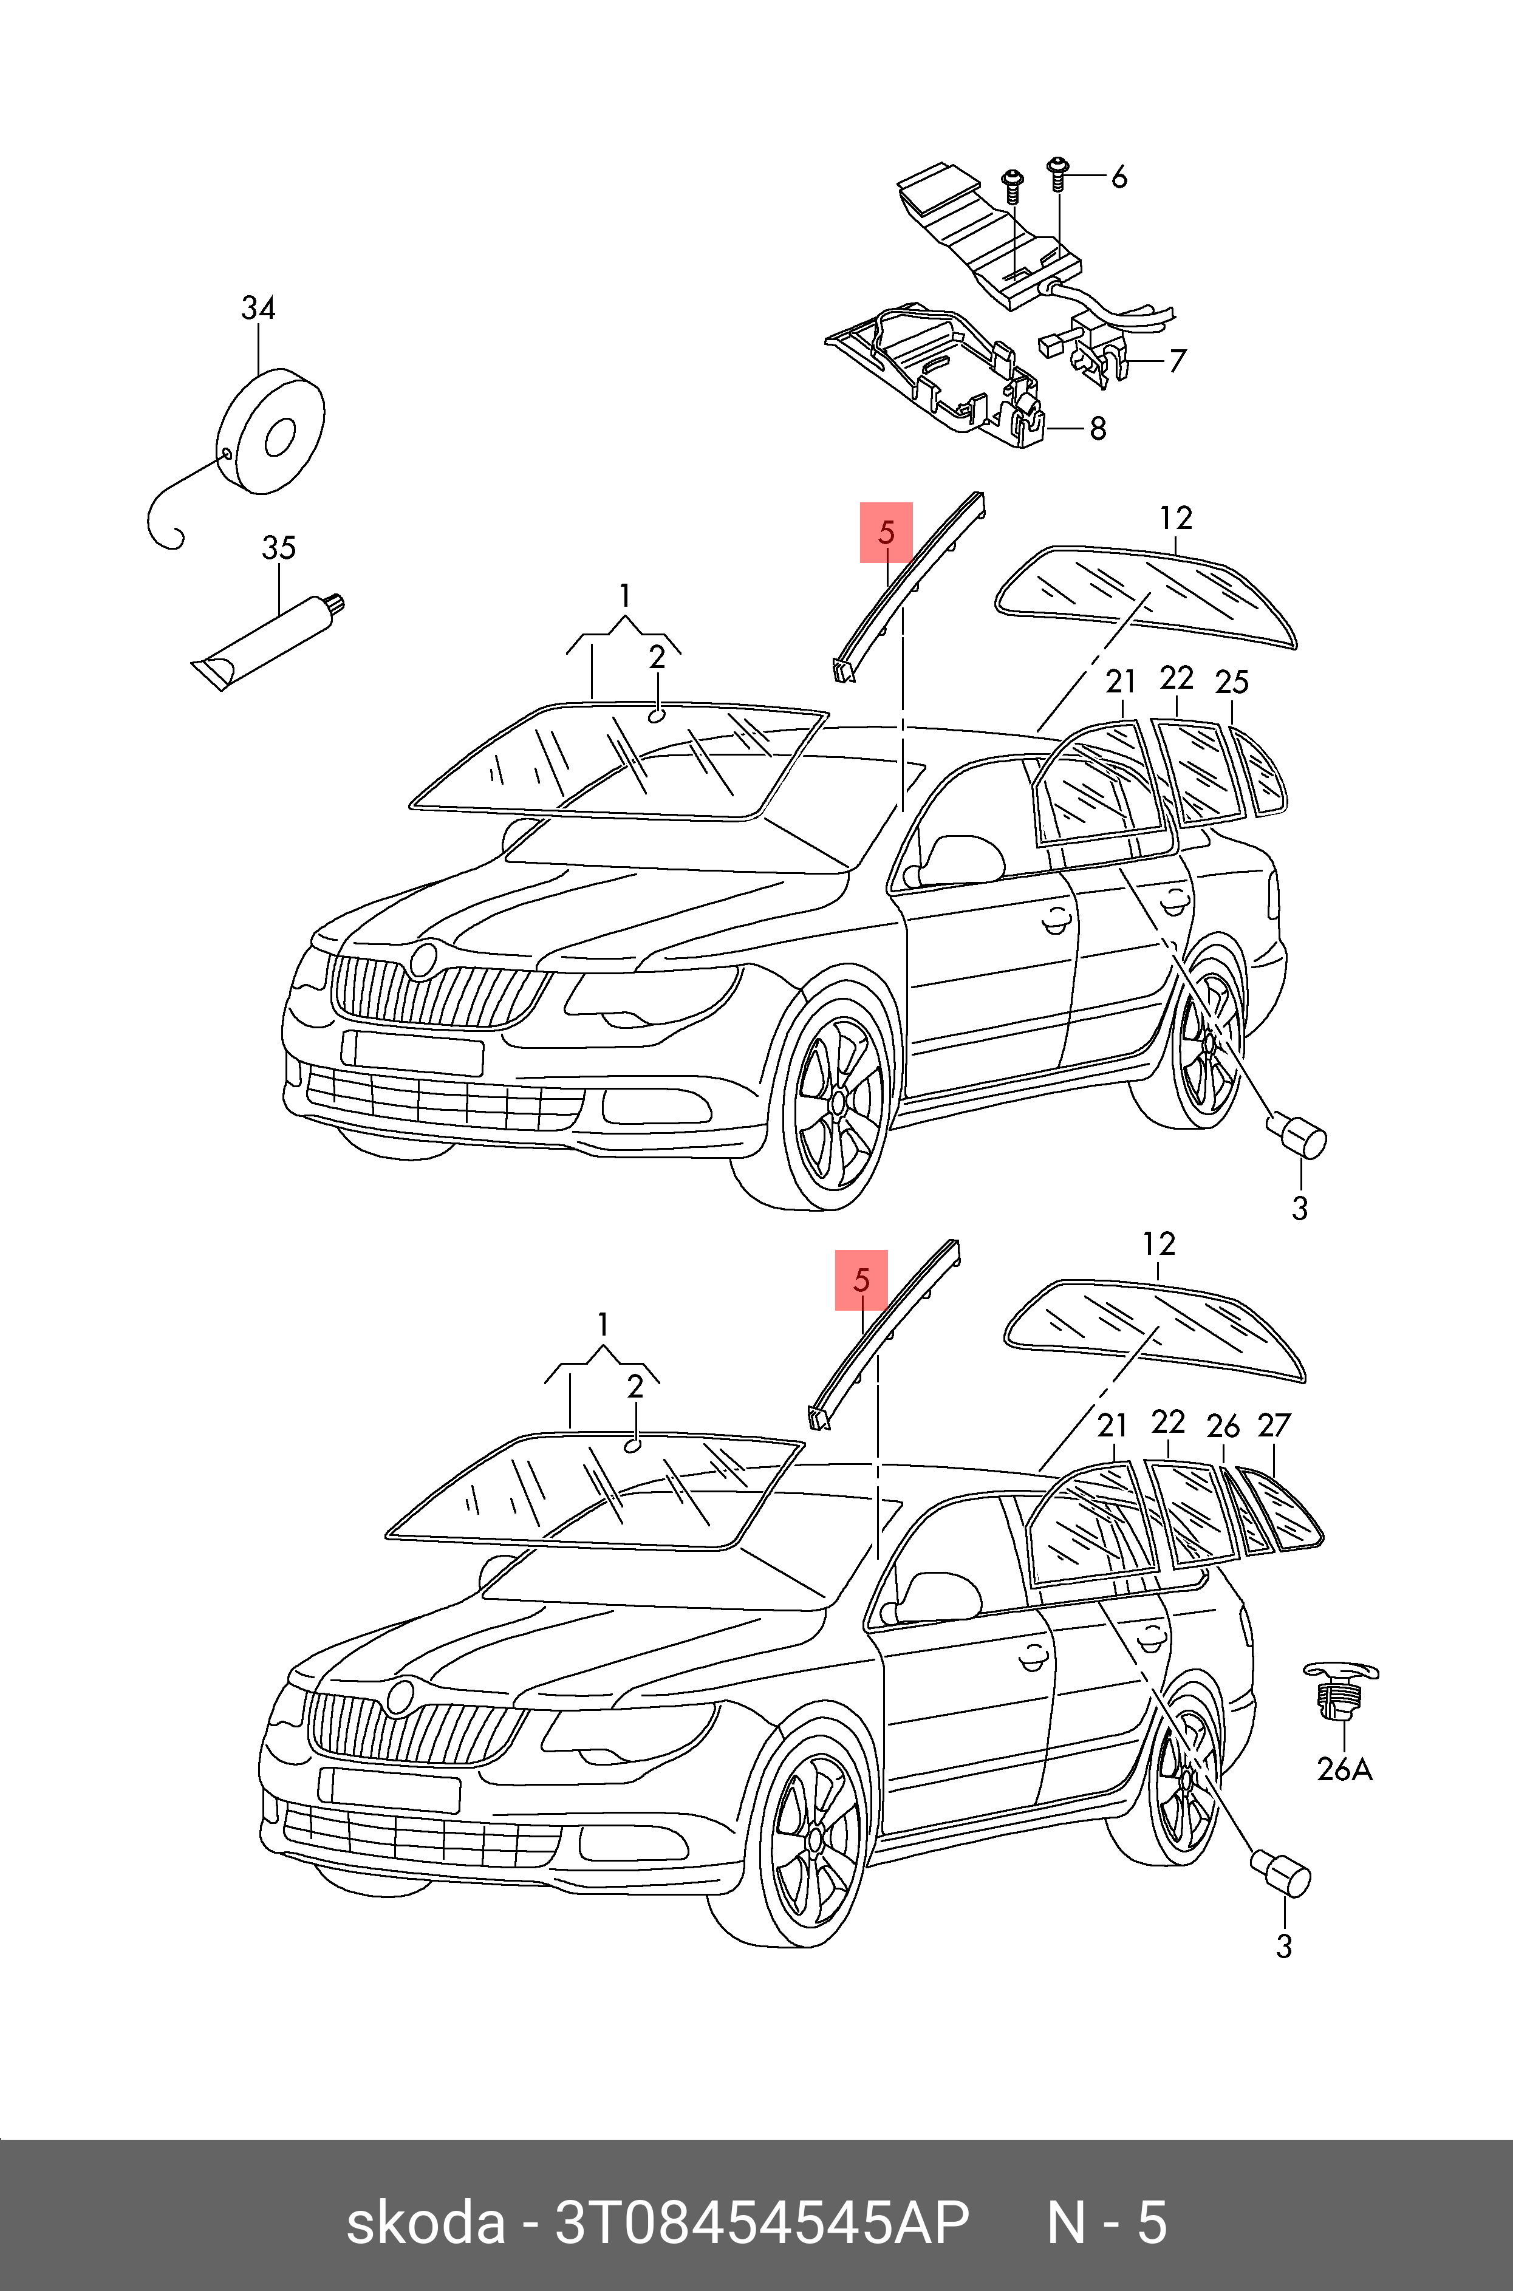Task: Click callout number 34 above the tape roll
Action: tap(258, 309)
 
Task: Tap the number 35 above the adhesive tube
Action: tap(279, 548)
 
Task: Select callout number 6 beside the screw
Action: tap(1118, 177)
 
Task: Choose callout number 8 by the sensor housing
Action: tap(1097, 428)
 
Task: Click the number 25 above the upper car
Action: tap(1231, 683)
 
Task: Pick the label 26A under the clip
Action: tap(1344, 1769)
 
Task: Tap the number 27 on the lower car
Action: tap(1274, 1425)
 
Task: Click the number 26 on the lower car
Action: tap(1223, 1425)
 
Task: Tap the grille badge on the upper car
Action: tap(423, 960)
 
